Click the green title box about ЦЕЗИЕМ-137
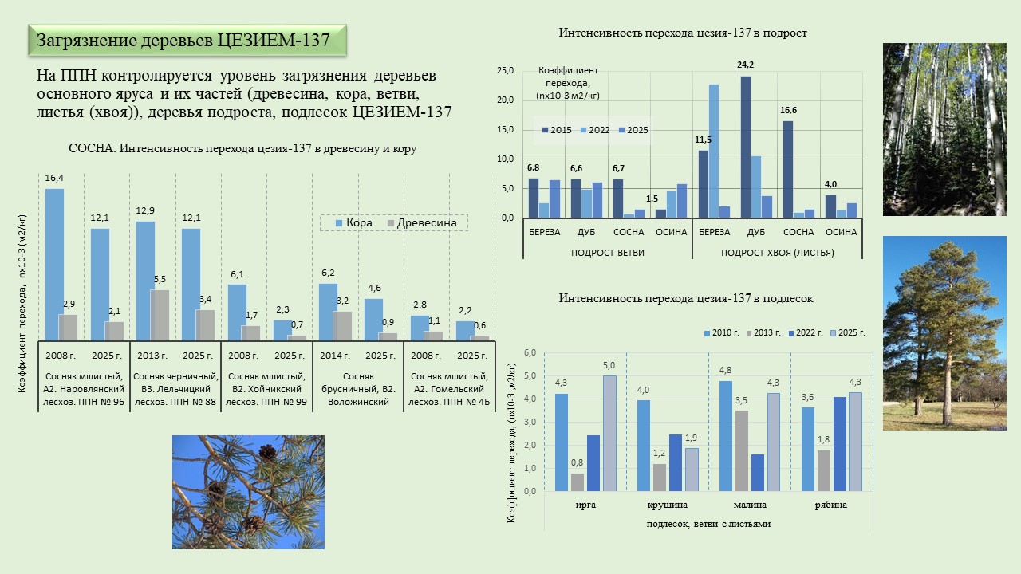coord(187,41)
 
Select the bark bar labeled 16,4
coord(54,263)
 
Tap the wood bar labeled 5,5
coord(160,314)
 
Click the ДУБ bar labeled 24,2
coord(746,147)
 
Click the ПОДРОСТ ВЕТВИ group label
coord(608,253)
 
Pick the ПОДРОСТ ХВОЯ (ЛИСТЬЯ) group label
coord(778,253)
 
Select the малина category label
coord(750,505)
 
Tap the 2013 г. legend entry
coord(766,332)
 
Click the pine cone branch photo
coord(248,492)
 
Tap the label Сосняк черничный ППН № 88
coord(175,389)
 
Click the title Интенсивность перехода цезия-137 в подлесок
coord(686,298)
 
